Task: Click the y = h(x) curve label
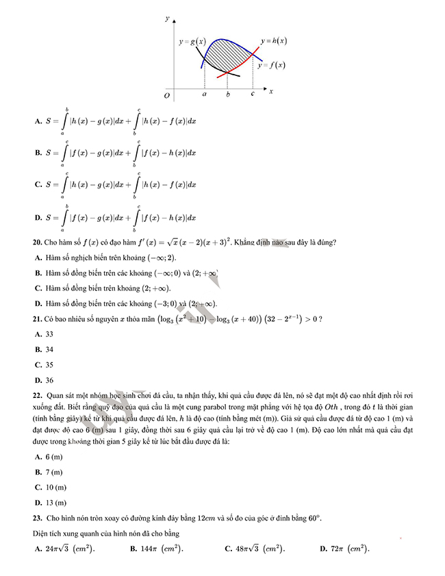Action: click(274, 41)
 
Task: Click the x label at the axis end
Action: click(271, 90)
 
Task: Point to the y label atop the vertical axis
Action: click(167, 18)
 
